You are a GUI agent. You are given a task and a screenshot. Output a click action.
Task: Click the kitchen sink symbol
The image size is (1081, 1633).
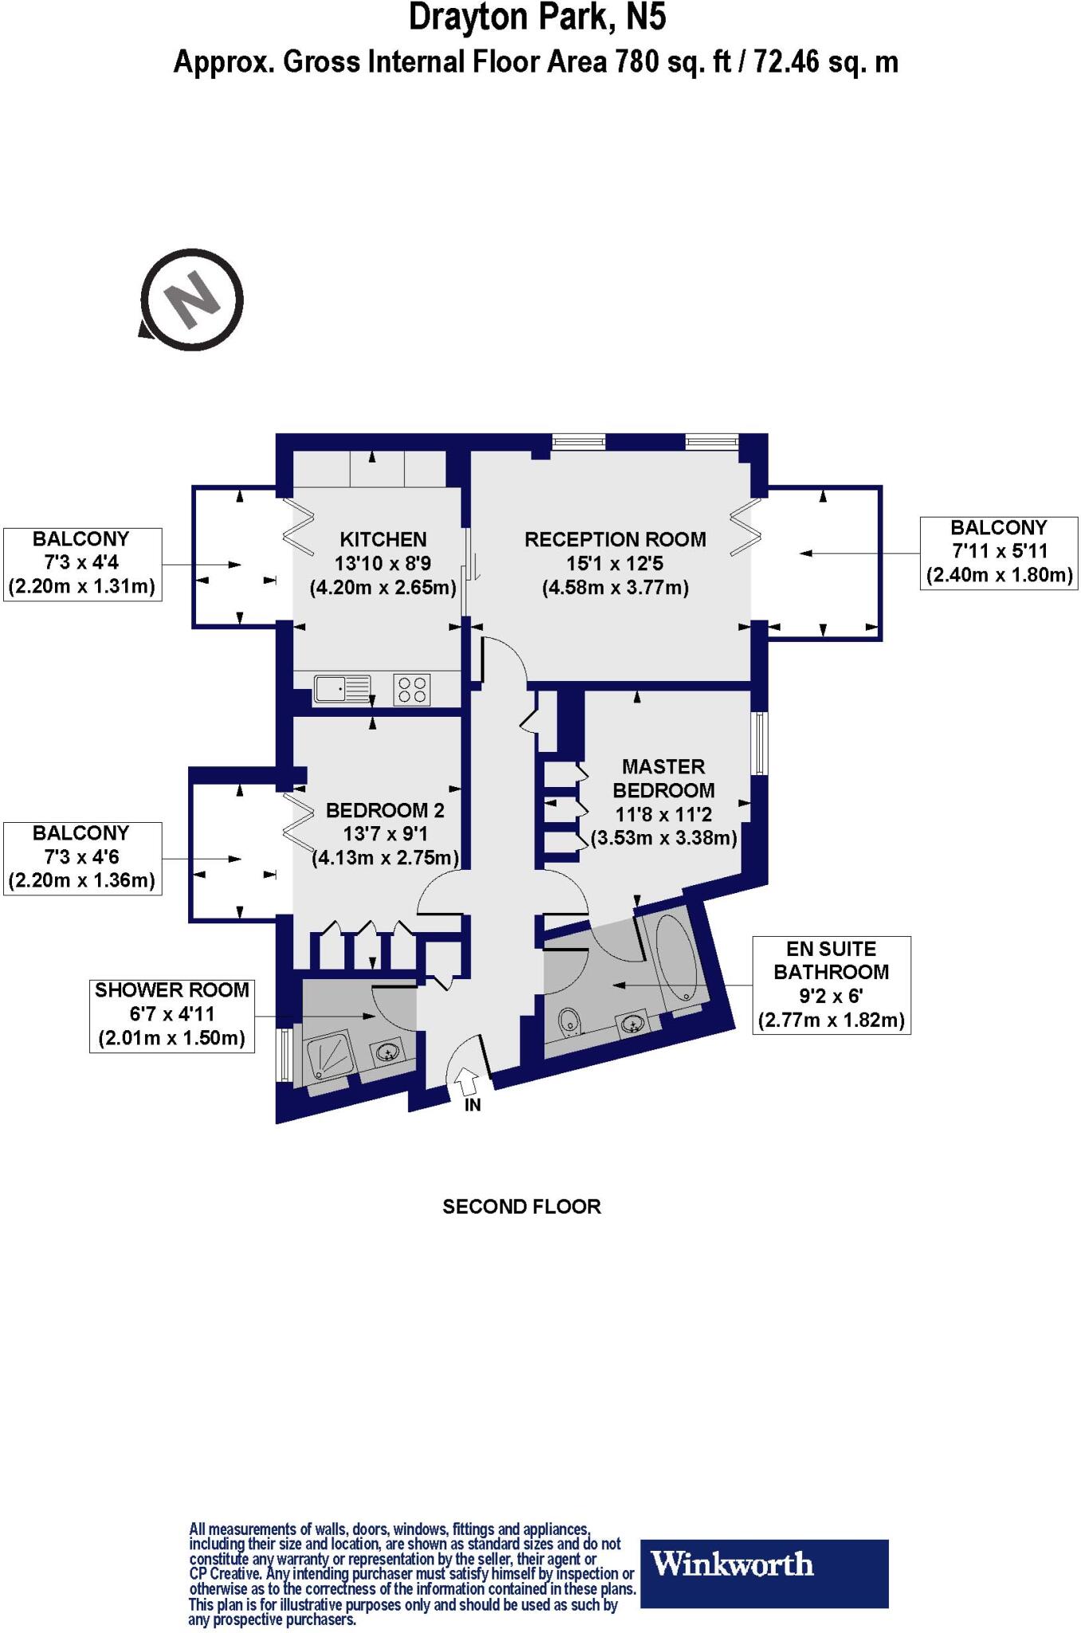(x=342, y=688)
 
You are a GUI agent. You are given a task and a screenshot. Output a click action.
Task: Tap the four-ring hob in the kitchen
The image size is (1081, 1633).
(x=412, y=689)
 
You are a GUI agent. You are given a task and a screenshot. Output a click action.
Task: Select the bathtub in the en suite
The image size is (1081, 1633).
(x=678, y=957)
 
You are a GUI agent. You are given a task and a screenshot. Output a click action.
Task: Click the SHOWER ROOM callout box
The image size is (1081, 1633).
(x=171, y=1015)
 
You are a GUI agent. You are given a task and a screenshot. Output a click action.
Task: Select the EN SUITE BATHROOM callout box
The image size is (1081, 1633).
(x=831, y=985)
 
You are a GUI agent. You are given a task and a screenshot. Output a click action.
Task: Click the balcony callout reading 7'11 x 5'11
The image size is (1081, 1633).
(x=999, y=552)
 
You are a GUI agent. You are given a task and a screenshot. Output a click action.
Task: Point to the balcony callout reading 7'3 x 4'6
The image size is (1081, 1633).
(x=82, y=858)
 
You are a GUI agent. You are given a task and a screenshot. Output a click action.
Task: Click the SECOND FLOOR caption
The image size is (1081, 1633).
(x=521, y=1206)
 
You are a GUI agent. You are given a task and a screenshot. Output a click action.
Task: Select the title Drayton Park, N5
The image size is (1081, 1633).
(x=537, y=18)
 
